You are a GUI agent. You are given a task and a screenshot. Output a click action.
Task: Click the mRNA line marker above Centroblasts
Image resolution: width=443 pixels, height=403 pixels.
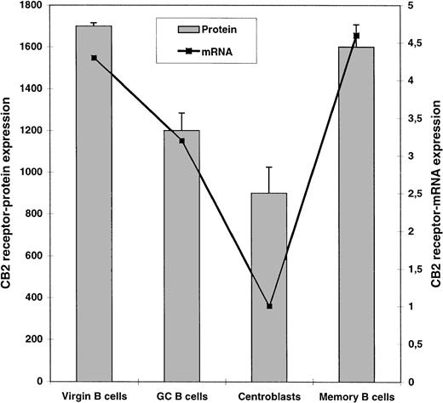click(269, 306)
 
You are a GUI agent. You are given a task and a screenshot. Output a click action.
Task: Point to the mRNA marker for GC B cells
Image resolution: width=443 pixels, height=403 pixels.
click(181, 140)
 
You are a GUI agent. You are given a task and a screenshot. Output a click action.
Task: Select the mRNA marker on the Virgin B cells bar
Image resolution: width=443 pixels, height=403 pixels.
click(94, 58)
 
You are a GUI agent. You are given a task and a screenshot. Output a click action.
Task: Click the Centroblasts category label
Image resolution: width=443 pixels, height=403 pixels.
click(269, 394)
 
